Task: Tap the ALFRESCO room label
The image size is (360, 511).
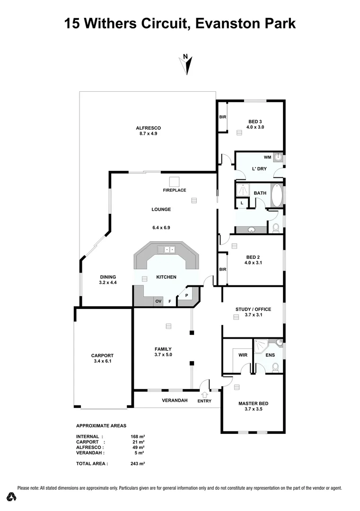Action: tap(148, 128)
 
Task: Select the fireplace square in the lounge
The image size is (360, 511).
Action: tap(175, 181)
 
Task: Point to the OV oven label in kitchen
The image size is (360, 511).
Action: tap(158, 301)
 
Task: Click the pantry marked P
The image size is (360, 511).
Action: tap(186, 296)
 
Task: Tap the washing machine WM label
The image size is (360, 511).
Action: tap(267, 157)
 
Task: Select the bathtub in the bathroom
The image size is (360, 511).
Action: tap(277, 194)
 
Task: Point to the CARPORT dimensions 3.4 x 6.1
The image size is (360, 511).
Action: tap(102, 361)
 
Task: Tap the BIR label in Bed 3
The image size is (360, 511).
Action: tap(222, 117)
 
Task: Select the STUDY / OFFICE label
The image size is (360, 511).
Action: tap(253, 309)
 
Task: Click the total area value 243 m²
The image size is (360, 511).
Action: tap(138, 464)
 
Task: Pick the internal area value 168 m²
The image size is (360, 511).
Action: tap(138, 436)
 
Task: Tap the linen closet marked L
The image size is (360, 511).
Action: tap(242, 203)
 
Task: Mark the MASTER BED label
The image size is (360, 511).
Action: tap(253, 403)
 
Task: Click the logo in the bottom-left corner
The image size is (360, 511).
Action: tap(12, 496)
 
